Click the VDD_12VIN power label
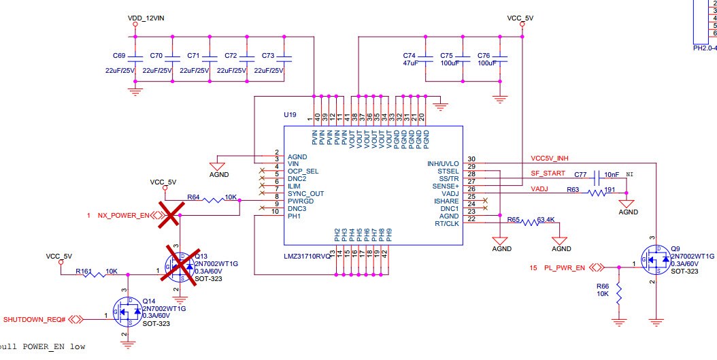coord(146,17)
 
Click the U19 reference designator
coord(290,116)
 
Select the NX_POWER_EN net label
coord(122,216)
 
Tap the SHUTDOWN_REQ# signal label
coord(35,318)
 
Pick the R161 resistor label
coord(84,270)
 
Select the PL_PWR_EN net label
coord(565,267)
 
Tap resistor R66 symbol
coord(618,294)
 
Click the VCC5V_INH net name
coord(549,158)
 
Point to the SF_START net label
coord(548,173)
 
